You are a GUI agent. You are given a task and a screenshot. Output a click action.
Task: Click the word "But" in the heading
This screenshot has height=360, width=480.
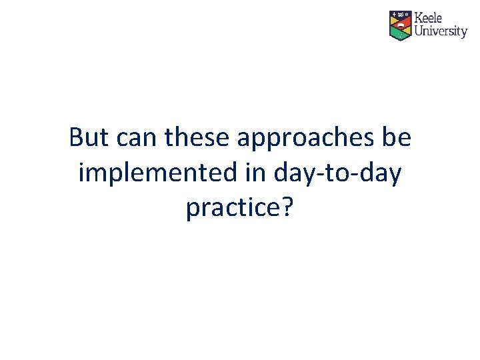click(x=89, y=138)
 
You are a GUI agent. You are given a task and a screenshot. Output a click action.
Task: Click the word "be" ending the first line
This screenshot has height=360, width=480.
click(x=396, y=138)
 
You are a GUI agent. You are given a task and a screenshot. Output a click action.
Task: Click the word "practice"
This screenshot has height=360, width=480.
click(x=231, y=209)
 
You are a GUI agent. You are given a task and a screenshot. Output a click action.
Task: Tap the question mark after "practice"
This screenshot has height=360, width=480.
click(x=287, y=207)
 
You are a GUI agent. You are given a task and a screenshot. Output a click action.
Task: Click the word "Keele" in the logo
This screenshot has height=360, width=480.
click(x=429, y=18)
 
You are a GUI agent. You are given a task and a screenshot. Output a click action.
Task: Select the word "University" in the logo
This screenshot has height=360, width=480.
click(x=441, y=31)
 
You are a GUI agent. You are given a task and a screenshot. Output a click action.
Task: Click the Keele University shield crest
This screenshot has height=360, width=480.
click(x=400, y=25)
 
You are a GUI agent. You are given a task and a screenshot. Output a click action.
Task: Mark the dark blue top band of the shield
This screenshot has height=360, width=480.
click(x=400, y=14)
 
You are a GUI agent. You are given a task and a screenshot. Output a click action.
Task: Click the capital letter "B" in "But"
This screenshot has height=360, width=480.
click(x=76, y=138)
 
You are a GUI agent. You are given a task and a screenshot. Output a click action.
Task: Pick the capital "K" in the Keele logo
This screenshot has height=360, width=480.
click(x=419, y=18)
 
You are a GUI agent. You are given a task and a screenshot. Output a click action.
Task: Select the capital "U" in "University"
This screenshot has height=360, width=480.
click(x=419, y=31)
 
